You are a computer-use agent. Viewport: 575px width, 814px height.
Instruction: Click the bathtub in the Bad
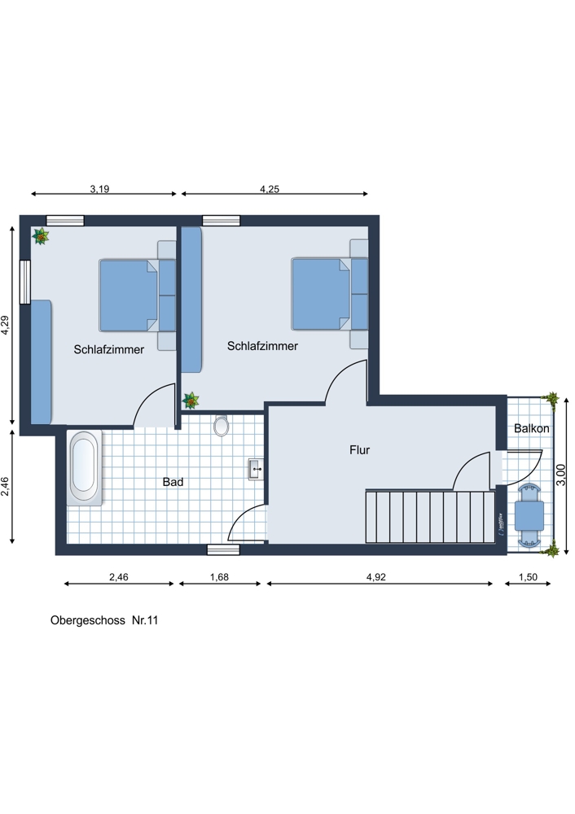click(x=85, y=467)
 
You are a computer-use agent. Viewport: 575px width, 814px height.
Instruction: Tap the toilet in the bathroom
click(x=222, y=425)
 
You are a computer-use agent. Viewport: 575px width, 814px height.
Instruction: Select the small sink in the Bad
click(x=256, y=470)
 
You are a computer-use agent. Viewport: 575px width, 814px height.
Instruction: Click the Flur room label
click(x=359, y=450)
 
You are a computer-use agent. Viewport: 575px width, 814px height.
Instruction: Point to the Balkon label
click(x=531, y=428)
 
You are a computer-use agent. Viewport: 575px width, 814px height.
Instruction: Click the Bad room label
click(x=173, y=482)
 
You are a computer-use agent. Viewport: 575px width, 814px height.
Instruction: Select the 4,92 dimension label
click(x=376, y=577)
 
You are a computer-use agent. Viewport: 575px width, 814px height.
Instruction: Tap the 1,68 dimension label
click(x=219, y=577)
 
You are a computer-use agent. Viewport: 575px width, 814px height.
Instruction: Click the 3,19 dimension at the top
click(x=99, y=189)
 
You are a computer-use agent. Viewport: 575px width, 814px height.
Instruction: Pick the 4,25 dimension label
click(x=270, y=189)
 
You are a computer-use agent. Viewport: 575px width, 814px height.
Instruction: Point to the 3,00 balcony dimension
click(x=560, y=475)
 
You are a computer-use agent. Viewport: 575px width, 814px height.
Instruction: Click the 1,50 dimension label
click(x=528, y=577)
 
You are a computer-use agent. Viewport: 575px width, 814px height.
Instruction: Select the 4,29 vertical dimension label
click(x=5, y=325)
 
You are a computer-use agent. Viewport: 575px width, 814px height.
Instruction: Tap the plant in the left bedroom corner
click(x=41, y=236)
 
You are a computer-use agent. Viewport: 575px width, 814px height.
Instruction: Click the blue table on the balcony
click(x=529, y=515)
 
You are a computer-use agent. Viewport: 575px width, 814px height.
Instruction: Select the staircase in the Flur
click(x=431, y=517)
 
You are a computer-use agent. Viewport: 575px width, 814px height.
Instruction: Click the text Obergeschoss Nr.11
click(x=104, y=620)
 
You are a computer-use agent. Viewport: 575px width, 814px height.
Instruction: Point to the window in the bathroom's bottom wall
click(x=223, y=549)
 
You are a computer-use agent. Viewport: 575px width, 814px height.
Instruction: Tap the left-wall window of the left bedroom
click(x=25, y=282)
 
